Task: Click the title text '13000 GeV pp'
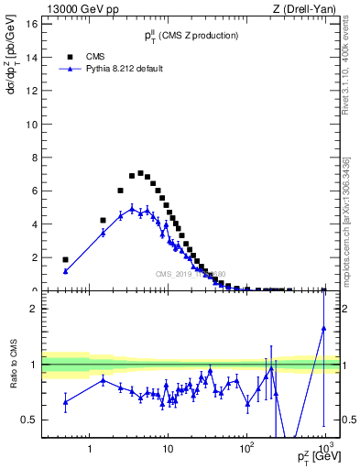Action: [x=74, y=8]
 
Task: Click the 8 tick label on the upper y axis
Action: [x=33, y=158]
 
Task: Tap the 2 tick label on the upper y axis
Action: [x=33, y=257]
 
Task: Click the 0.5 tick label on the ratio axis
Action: [x=29, y=420]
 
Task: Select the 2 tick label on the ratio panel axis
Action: [x=33, y=309]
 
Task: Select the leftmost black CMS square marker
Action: [x=65, y=259]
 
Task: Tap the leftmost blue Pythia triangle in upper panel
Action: [x=65, y=271]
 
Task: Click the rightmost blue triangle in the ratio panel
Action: [x=324, y=328]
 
